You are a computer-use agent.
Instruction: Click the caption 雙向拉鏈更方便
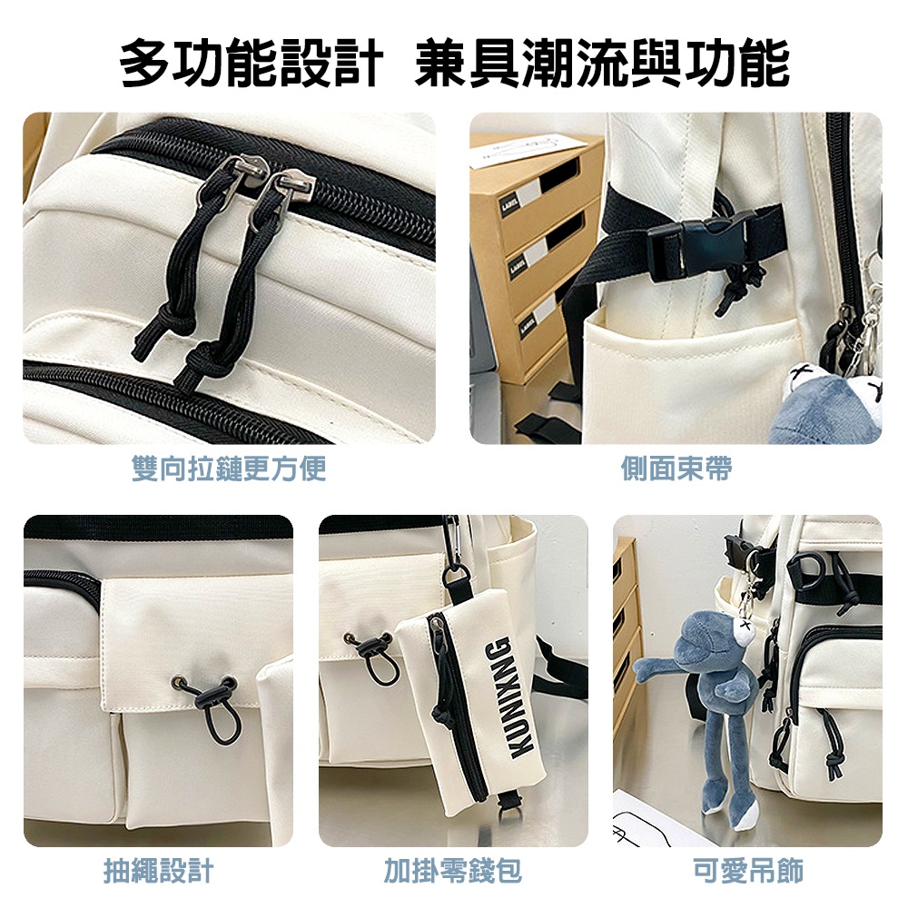point(229,469)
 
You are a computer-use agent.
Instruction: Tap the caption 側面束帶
point(676,469)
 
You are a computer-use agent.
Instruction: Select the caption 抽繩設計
point(159,871)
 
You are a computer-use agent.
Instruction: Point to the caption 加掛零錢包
point(453,871)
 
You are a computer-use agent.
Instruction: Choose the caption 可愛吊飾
point(748,871)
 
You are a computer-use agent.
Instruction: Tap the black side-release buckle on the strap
point(702,245)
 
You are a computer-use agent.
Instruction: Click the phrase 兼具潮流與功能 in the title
point(602,63)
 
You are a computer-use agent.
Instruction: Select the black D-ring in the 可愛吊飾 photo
point(804,570)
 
